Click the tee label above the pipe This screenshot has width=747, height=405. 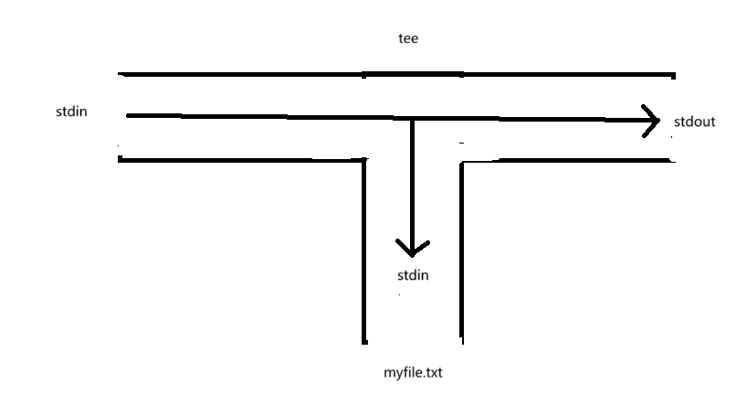pos(407,39)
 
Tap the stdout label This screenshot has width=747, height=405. pos(694,121)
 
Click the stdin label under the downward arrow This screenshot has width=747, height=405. pos(412,274)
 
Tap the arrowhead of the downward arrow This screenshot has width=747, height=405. pos(412,249)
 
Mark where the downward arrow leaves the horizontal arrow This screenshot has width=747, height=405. pos(412,118)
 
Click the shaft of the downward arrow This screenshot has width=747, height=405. pos(412,183)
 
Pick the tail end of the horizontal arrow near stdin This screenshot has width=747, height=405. pos(129,116)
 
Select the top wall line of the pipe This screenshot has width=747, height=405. pos(397,73)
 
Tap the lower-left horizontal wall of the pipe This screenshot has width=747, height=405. pos(242,160)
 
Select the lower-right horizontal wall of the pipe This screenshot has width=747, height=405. pos(566,162)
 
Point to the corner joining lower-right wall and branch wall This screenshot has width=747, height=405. pos(460,163)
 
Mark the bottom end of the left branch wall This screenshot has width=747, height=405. pos(365,341)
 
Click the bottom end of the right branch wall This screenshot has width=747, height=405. pos(460,341)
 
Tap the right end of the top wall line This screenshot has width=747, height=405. pos(674,74)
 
